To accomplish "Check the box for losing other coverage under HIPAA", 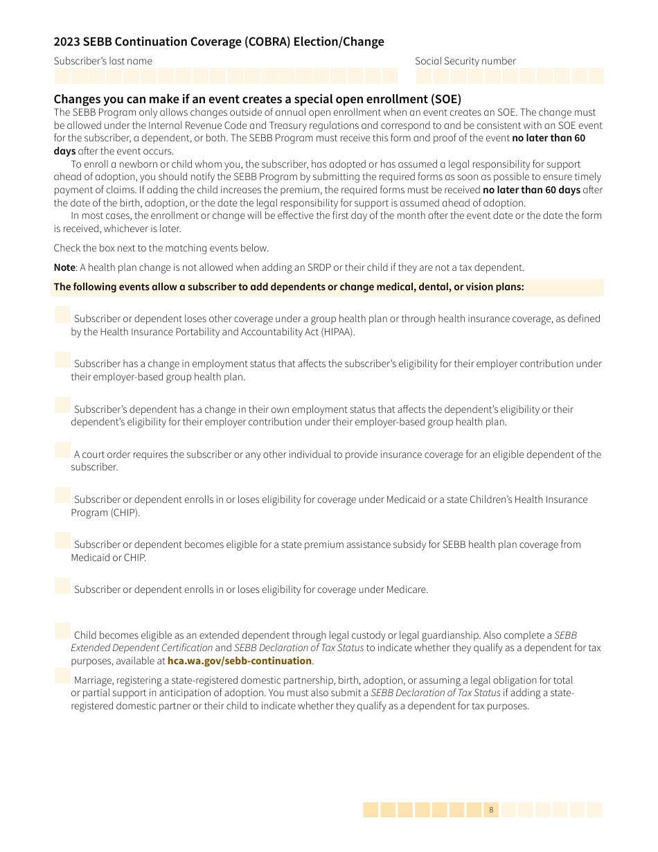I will pyautogui.click(x=62, y=315).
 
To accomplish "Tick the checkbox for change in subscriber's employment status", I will pyautogui.click(x=62, y=360).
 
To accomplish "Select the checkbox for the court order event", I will pyautogui.click(x=62, y=450).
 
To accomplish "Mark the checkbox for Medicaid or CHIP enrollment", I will pyautogui.click(x=62, y=495).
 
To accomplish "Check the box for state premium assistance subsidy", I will pyautogui.click(x=62, y=540).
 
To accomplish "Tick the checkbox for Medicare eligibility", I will pyautogui.click(x=62, y=586).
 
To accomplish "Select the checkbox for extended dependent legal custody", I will pyautogui.click(x=62, y=631).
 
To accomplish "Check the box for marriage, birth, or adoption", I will pyautogui.click(x=62, y=676).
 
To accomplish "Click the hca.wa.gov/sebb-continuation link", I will pyautogui.click(x=240, y=661).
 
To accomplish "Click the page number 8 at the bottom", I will pyautogui.click(x=491, y=810).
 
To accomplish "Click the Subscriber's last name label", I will pyautogui.click(x=103, y=61).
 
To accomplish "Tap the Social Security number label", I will pyautogui.click(x=465, y=61).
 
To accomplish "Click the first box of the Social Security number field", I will pyautogui.click(x=423, y=76).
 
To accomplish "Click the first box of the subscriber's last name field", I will pyautogui.click(x=62, y=76).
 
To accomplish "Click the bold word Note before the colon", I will pyautogui.click(x=64, y=267).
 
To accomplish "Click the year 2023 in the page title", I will pyautogui.click(x=67, y=42).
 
